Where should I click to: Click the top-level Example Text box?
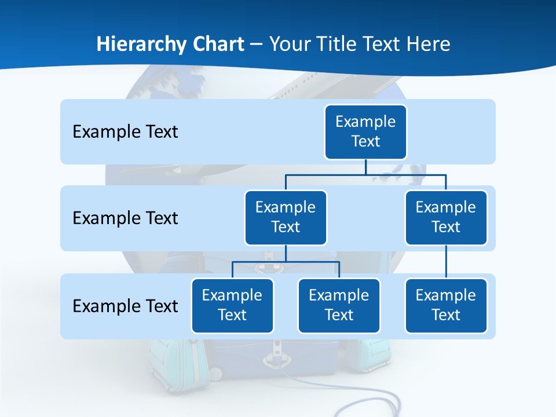point(365,131)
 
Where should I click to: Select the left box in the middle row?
point(286,217)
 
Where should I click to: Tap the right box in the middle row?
point(446,217)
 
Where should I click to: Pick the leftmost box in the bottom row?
point(232,305)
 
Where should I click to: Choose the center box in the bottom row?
point(339,305)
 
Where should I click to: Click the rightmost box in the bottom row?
point(446,305)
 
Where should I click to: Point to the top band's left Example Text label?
point(125,131)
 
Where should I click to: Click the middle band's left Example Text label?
point(125,218)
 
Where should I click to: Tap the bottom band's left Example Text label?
point(125,306)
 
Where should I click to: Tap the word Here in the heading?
point(429,44)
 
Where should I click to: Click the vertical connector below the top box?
point(365,167)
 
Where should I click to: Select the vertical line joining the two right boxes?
point(446,262)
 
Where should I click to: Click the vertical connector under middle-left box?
point(286,253)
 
